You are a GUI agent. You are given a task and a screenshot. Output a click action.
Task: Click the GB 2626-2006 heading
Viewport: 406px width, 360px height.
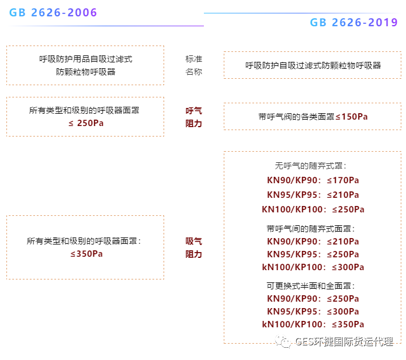[53, 13]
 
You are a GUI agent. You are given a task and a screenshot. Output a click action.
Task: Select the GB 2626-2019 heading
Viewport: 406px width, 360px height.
[354, 23]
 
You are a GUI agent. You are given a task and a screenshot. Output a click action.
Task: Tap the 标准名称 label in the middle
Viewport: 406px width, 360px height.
[194, 65]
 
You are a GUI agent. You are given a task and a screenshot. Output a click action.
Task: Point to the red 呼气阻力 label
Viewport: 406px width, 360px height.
[194, 117]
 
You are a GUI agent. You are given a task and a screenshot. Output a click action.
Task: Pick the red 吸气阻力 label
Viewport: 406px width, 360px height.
[194, 247]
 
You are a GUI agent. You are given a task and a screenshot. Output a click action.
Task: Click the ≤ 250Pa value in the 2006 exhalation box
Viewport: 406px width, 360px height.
[85, 123]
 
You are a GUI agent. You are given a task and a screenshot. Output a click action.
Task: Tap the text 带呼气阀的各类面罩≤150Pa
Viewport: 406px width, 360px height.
[313, 117]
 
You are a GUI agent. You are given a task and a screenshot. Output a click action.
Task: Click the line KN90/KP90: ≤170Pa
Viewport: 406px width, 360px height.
[313, 180]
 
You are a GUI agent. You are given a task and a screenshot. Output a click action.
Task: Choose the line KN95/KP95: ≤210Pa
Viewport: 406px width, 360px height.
[313, 195]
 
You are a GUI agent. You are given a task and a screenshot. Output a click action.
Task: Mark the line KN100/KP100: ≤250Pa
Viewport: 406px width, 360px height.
[313, 209]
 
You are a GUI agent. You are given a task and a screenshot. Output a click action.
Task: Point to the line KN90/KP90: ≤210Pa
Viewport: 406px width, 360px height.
[313, 242]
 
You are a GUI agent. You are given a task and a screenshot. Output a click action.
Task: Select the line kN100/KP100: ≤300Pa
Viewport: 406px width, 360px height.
[313, 267]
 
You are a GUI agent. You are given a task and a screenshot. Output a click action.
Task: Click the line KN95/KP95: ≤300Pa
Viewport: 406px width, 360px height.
[313, 312]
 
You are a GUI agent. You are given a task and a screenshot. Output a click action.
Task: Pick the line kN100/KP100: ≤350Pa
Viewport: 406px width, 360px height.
[313, 324]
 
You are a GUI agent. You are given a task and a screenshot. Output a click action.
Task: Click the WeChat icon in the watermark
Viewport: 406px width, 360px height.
[284, 342]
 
